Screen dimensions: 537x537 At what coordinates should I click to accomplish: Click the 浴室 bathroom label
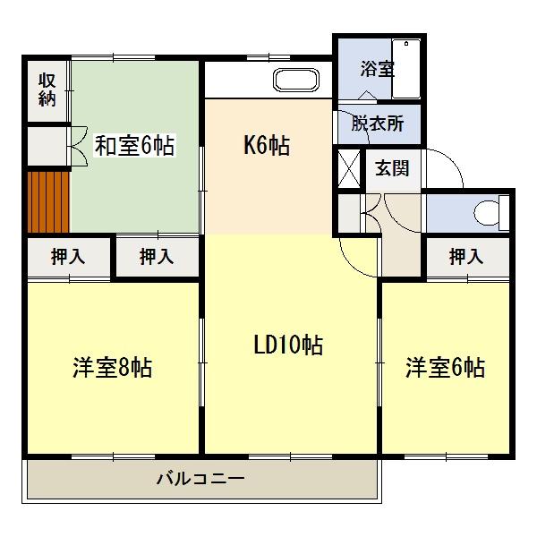(x=377, y=69)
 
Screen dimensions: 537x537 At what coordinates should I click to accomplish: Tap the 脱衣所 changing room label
(x=377, y=124)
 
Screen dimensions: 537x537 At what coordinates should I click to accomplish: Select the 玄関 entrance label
(x=392, y=167)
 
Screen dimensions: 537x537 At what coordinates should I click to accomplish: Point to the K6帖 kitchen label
(x=267, y=145)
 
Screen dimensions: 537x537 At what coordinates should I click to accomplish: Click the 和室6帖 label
(x=134, y=145)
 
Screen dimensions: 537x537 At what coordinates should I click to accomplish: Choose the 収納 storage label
(x=47, y=89)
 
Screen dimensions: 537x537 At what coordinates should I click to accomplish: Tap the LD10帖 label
(x=288, y=345)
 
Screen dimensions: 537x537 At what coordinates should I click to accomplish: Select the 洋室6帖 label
(x=445, y=367)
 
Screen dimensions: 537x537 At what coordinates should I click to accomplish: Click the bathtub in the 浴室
(x=407, y=67)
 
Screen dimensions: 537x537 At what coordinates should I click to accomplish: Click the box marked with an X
(x=349, y=167)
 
